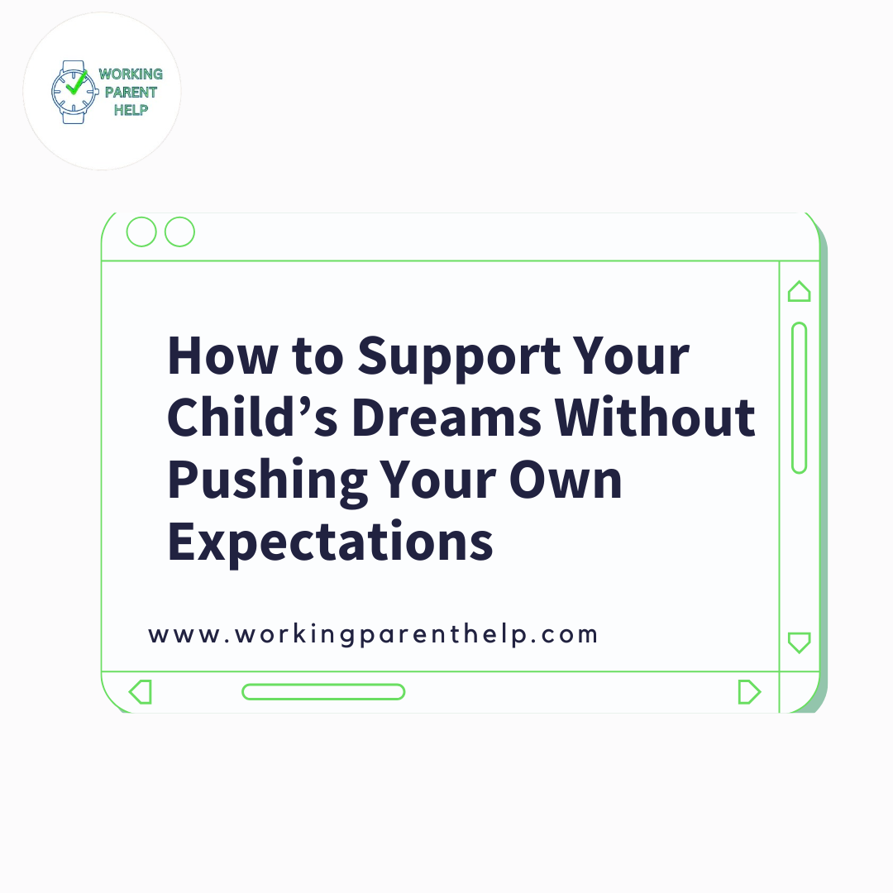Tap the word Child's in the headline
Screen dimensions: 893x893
[x=251, y=418]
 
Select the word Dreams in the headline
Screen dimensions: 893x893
[x=447, y=418]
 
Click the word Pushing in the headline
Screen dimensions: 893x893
[x=267, y=480]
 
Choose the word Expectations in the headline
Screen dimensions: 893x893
[x=330, y=542]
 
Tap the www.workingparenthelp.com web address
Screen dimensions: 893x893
[x=373, y=635]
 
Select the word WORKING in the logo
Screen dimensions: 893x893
[x=131, y=74]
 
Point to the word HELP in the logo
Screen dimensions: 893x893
[x=131, y=110]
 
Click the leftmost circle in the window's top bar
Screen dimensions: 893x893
[x=141, y=232]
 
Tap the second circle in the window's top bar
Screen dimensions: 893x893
[x=179, y=232]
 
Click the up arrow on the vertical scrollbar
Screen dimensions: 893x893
[x=799, y=292]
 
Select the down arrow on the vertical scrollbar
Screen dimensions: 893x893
[x=799, y=642]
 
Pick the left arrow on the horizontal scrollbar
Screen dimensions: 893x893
[x=141, y=691]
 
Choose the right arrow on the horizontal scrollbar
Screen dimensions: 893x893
[x=748, y=691]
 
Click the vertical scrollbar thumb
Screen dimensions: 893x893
[x=799, y=398]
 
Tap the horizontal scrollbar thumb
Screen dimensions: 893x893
[x=323, y=691]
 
